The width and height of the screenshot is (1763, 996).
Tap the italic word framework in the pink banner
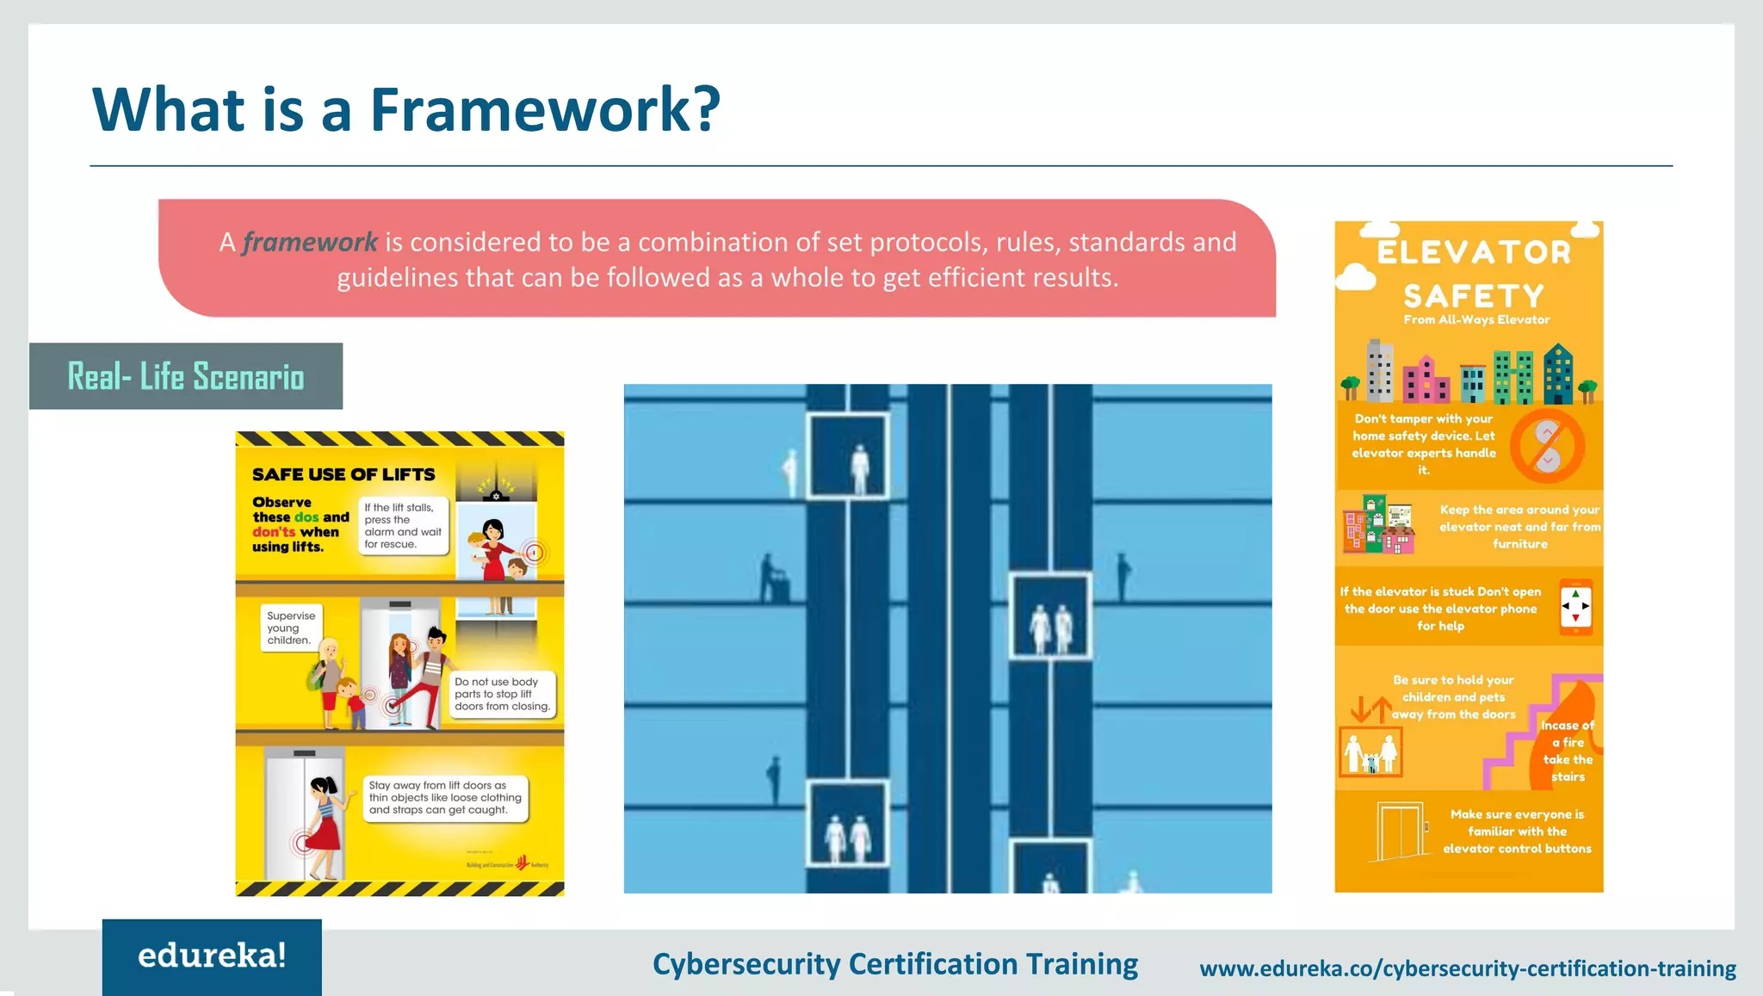point(310,243)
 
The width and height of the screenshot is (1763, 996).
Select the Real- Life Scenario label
point(186,376)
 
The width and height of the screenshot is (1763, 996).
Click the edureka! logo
point(212,956)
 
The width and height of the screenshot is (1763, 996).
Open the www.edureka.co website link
point(1468,968)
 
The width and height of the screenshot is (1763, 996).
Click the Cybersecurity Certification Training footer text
point(895,964)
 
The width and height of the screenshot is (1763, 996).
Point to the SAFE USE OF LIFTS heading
point(343,474)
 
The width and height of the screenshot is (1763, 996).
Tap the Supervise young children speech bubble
point(291,628)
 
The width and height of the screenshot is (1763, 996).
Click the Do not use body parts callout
point(502,694)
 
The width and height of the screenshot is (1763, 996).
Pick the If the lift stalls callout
point(403,526)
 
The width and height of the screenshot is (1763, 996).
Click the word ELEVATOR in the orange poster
point(1474,252)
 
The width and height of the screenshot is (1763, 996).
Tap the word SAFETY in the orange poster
point(1474,296)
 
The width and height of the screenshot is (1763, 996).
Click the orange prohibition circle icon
point(1547,446)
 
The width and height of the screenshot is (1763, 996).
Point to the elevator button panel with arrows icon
point(1575,607)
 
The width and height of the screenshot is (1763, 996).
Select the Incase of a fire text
point(1568,751)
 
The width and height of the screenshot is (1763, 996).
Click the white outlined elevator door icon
point(1399,832)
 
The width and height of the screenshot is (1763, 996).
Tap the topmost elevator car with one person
point(848,456)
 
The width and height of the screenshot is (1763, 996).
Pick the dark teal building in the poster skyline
point(1558,374)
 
